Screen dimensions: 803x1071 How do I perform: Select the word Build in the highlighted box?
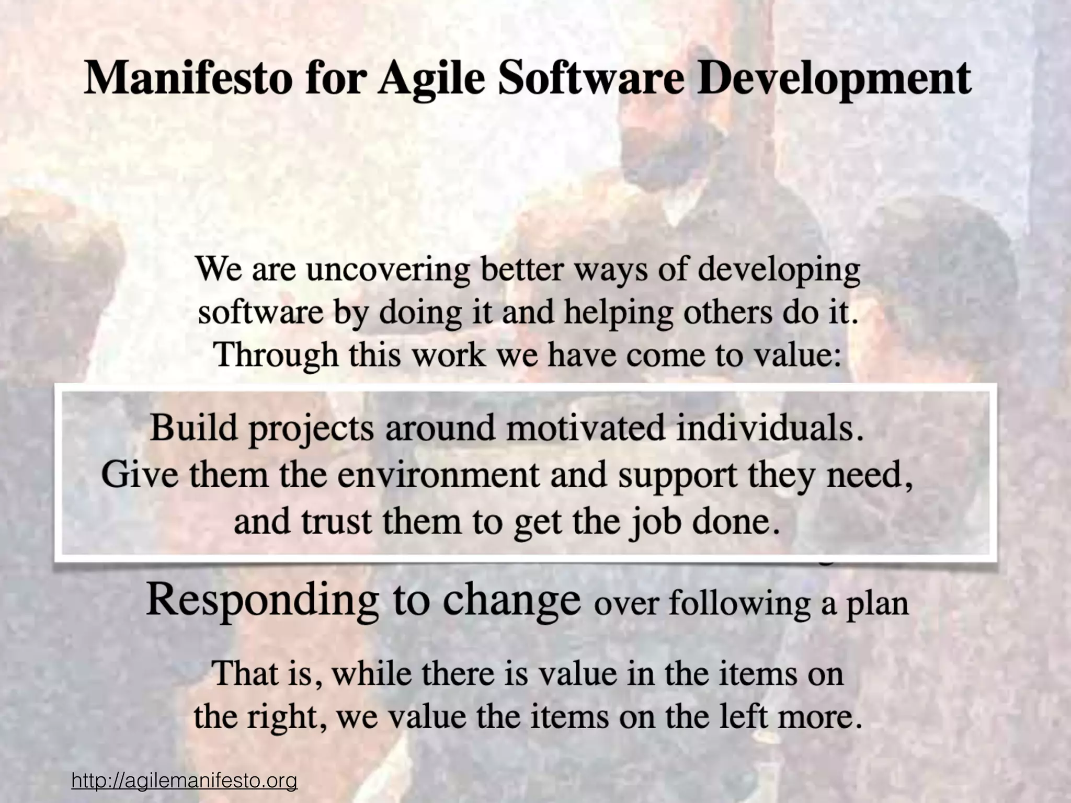coord(194,428)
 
